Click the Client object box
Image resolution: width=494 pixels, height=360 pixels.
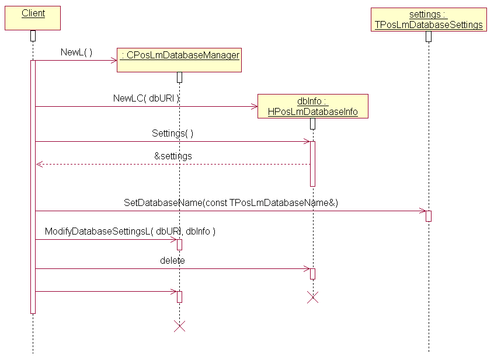(x=33, y=18)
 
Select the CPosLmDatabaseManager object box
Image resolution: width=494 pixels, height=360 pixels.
(x=179, y=60)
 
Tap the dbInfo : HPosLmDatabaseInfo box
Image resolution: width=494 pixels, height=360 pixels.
(x=312, y=106)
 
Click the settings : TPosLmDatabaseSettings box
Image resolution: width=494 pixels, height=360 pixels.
(x=429, y=19)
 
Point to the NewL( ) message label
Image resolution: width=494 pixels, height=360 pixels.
(x=76, y=53)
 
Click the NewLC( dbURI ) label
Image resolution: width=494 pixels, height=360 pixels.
(x=147, y=99)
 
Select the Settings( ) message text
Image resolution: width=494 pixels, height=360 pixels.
(x=172, y=133)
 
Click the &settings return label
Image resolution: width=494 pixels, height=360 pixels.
(x=173, y=156)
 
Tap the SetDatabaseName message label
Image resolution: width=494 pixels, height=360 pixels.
(x=231, y=203)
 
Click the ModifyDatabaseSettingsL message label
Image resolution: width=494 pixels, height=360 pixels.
(x=130, y=232)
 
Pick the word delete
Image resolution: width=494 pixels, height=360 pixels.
(x=172, y=261)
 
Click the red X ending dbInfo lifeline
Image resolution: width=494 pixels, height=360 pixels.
(x=313, y=298)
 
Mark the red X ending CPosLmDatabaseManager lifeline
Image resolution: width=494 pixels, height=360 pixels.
(x=180, y=326)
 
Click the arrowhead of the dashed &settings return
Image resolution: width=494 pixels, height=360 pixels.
(x=39, y=165)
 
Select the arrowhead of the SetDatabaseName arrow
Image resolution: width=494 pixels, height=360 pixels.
(x=423, y=211)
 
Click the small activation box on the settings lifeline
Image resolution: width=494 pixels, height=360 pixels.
(x=429, y=216)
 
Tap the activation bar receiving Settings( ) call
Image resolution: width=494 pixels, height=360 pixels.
(x=312, y=163)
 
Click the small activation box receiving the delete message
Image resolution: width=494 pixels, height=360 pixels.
(x=312, y=274)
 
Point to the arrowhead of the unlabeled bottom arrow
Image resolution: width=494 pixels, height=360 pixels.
(x=173, y=292)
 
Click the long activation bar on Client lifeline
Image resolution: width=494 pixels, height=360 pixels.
(x=33, y=187)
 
